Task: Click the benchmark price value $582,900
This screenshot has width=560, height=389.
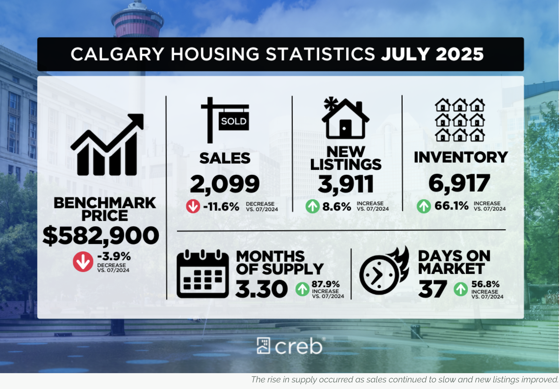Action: (x=101, y=236)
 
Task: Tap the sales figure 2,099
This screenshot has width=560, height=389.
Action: (x=225, y=184)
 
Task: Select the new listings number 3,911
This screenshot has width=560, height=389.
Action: (x=346, y=184)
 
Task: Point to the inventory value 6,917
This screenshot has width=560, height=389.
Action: (x=459, y=183)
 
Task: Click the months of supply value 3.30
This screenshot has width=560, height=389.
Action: (x=261, y=289)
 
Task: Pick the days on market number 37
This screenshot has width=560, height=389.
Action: (x=432, y=289)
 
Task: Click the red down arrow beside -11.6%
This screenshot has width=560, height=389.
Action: (x=193, y=206)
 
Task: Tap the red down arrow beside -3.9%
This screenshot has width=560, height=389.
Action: (x=83, y=262)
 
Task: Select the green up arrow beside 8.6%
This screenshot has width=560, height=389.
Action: (x=312, y=206)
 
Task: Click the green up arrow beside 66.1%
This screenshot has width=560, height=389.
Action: (x=424, y=206)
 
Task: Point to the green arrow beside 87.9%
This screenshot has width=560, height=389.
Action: (x=302, y=289)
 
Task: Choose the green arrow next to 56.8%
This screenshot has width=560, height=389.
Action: (x=461, y=289)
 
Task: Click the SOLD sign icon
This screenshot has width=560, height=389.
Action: (x=225, y=120)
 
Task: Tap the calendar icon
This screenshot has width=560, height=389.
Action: (x=202, y=274)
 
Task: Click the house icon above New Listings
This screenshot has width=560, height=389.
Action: (x=345, y=118)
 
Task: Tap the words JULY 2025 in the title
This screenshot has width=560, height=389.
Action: (x=432, y=54)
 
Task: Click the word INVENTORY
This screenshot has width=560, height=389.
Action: (x=461, y=157)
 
